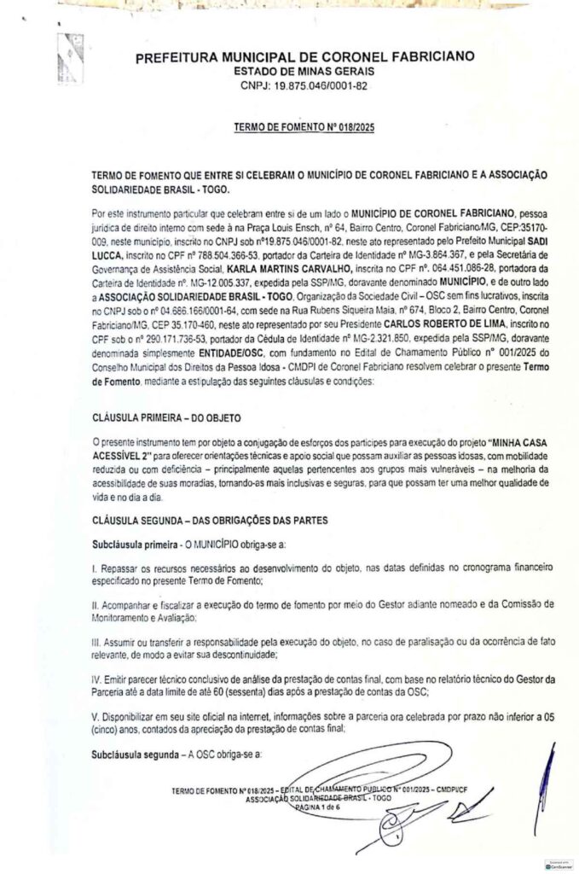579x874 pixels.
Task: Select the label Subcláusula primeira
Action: (135, 544)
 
